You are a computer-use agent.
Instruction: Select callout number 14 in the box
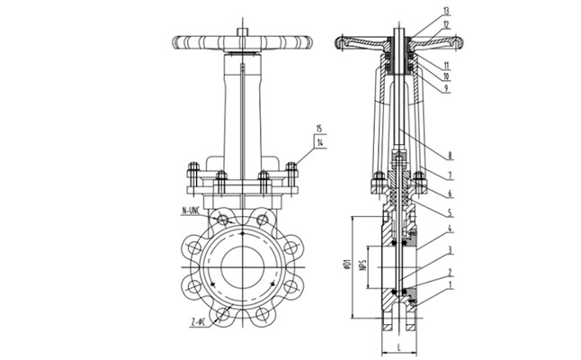[x=321, y=142]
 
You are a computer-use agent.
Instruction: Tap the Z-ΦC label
[x=200, y=321]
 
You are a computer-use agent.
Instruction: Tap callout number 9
[x=446, y=88]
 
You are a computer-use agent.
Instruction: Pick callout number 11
[x=446, y=66]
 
